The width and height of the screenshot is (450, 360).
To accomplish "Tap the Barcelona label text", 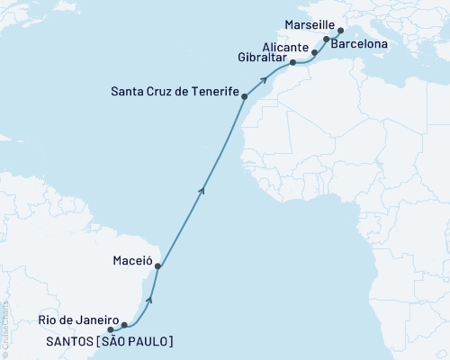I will pyautogui.click(x=360, y=42).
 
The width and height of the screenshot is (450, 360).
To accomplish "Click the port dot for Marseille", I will pyautogui.click(x=340, y=30).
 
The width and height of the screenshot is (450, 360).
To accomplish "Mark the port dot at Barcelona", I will pyautogui.click(x=326, y=40).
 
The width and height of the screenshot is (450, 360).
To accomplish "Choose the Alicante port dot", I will pyautogui.click(x=314, y=53).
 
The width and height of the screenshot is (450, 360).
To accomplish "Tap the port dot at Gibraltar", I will pyautogui.click(x=292, y=63).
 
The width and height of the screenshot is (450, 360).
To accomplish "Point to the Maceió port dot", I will pyautogui.click(x=158, y=266).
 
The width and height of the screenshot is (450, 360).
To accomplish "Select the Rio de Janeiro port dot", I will pyautogui.click(x=124, y=325).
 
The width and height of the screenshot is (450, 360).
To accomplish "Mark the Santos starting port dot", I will pyautogui.click(x=111, y=328).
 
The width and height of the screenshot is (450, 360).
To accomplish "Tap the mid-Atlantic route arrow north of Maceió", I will pyautogui.click(x=202, y=188).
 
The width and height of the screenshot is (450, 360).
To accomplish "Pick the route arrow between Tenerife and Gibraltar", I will pyautogui.click(x=265, y=80).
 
